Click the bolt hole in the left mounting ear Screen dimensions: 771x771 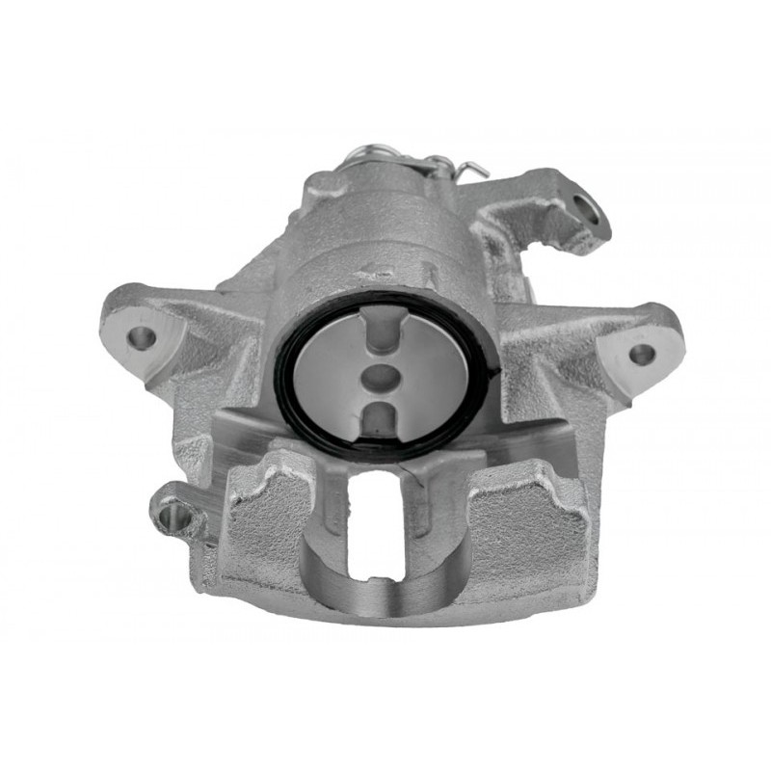click(142, 337)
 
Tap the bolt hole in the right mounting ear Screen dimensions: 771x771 click(642, 353)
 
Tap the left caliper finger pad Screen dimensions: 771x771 click(265, 520)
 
